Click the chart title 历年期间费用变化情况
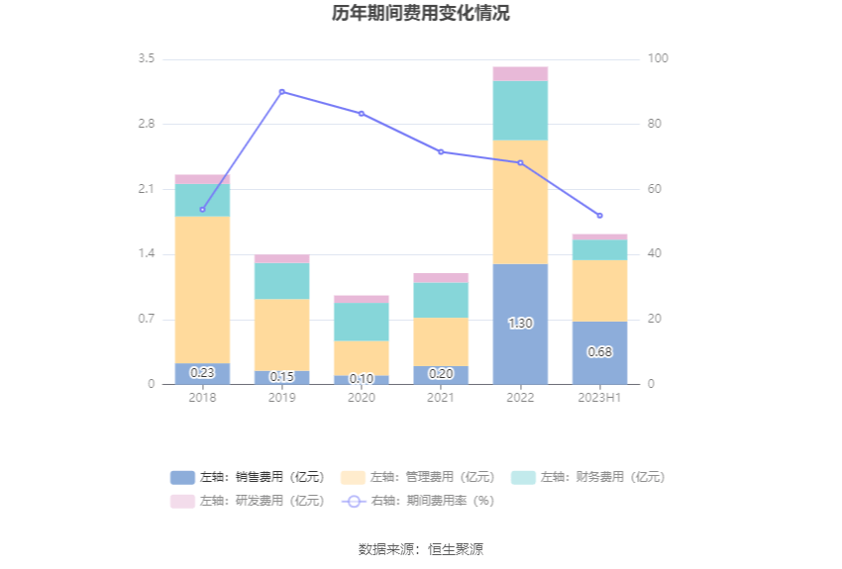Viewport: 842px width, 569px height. click(421, 14)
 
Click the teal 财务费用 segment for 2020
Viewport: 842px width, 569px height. click(362, 322)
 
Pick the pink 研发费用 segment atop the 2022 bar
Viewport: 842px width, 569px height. click(520, 73)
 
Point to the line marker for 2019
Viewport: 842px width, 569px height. click(282, 92)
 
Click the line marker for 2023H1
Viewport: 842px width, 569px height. click(599, 216)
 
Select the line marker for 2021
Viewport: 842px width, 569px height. click(441, 151)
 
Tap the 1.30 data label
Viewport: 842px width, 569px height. click(520, 324)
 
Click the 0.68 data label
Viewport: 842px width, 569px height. click(599, 351)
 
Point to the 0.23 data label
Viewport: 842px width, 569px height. click(202, 373)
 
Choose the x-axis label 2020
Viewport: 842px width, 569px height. click(362, 398)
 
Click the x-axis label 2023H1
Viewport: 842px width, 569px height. click(599, 398)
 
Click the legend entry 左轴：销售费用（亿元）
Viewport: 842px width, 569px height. click(249, 477)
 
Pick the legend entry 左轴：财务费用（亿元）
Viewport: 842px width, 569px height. click(588, 477)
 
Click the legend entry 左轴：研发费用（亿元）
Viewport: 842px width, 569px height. click(249, 501)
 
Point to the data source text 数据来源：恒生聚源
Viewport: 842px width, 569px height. click(421, 549)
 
